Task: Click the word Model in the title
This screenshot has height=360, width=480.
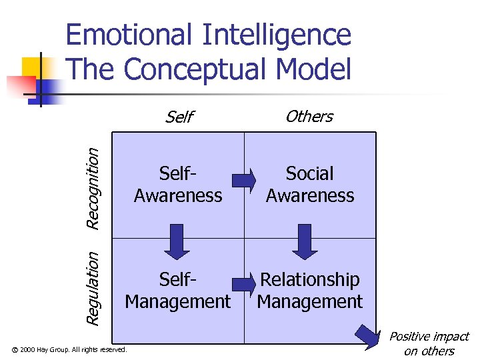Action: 317,69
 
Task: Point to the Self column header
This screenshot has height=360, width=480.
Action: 179,117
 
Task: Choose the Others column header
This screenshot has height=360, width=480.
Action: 309,117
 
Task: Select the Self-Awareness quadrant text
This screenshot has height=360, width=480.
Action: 178,185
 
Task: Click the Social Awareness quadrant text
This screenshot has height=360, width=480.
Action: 310,185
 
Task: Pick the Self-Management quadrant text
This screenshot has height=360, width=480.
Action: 178,291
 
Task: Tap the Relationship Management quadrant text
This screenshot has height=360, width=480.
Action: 310,291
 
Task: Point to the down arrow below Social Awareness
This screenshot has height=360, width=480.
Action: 305,241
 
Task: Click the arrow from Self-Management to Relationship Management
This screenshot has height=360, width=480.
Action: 244,285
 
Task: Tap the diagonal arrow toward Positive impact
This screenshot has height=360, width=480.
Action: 367,335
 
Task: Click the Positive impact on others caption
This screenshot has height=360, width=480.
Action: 429,344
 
